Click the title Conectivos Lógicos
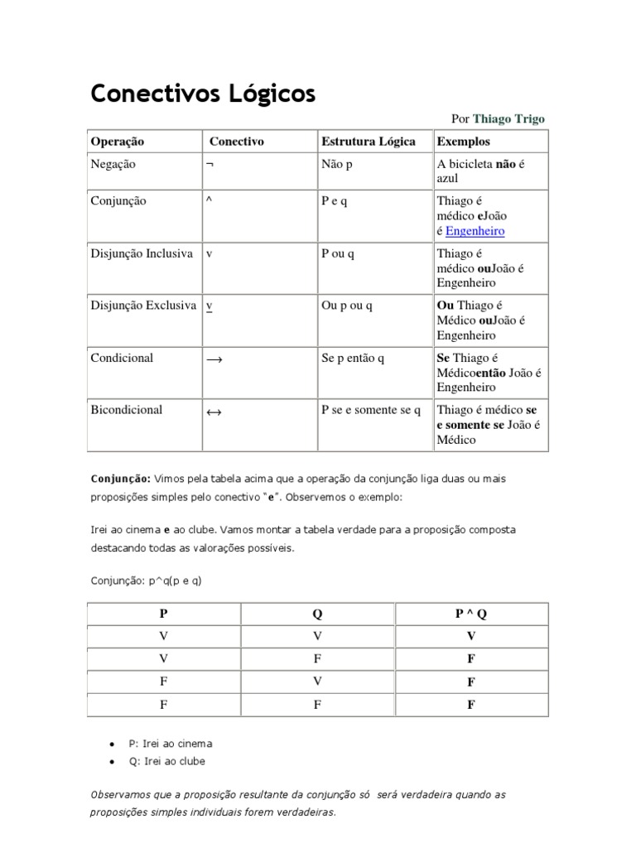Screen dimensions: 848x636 pos(203,94)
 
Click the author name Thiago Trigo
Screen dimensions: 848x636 pos(508,119)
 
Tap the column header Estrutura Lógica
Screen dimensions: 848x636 pos(368,142)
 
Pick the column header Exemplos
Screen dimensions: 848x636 pos(463,142)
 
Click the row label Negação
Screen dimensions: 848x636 pos(113,164)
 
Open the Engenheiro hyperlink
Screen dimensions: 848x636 pos(475,231)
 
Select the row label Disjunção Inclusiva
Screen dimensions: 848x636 pos(142,253)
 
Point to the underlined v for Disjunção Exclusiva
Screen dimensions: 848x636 pos(210,306)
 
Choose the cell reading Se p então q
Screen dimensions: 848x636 pos(352,358)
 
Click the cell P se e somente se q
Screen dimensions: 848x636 pos(370,410)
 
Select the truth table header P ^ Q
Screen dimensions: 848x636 pos(470,614)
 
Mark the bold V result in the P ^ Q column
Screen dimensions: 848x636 pos(470,636)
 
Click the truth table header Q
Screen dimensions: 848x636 pos(317,614)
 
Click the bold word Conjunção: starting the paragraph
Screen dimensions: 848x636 pos(120,479)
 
